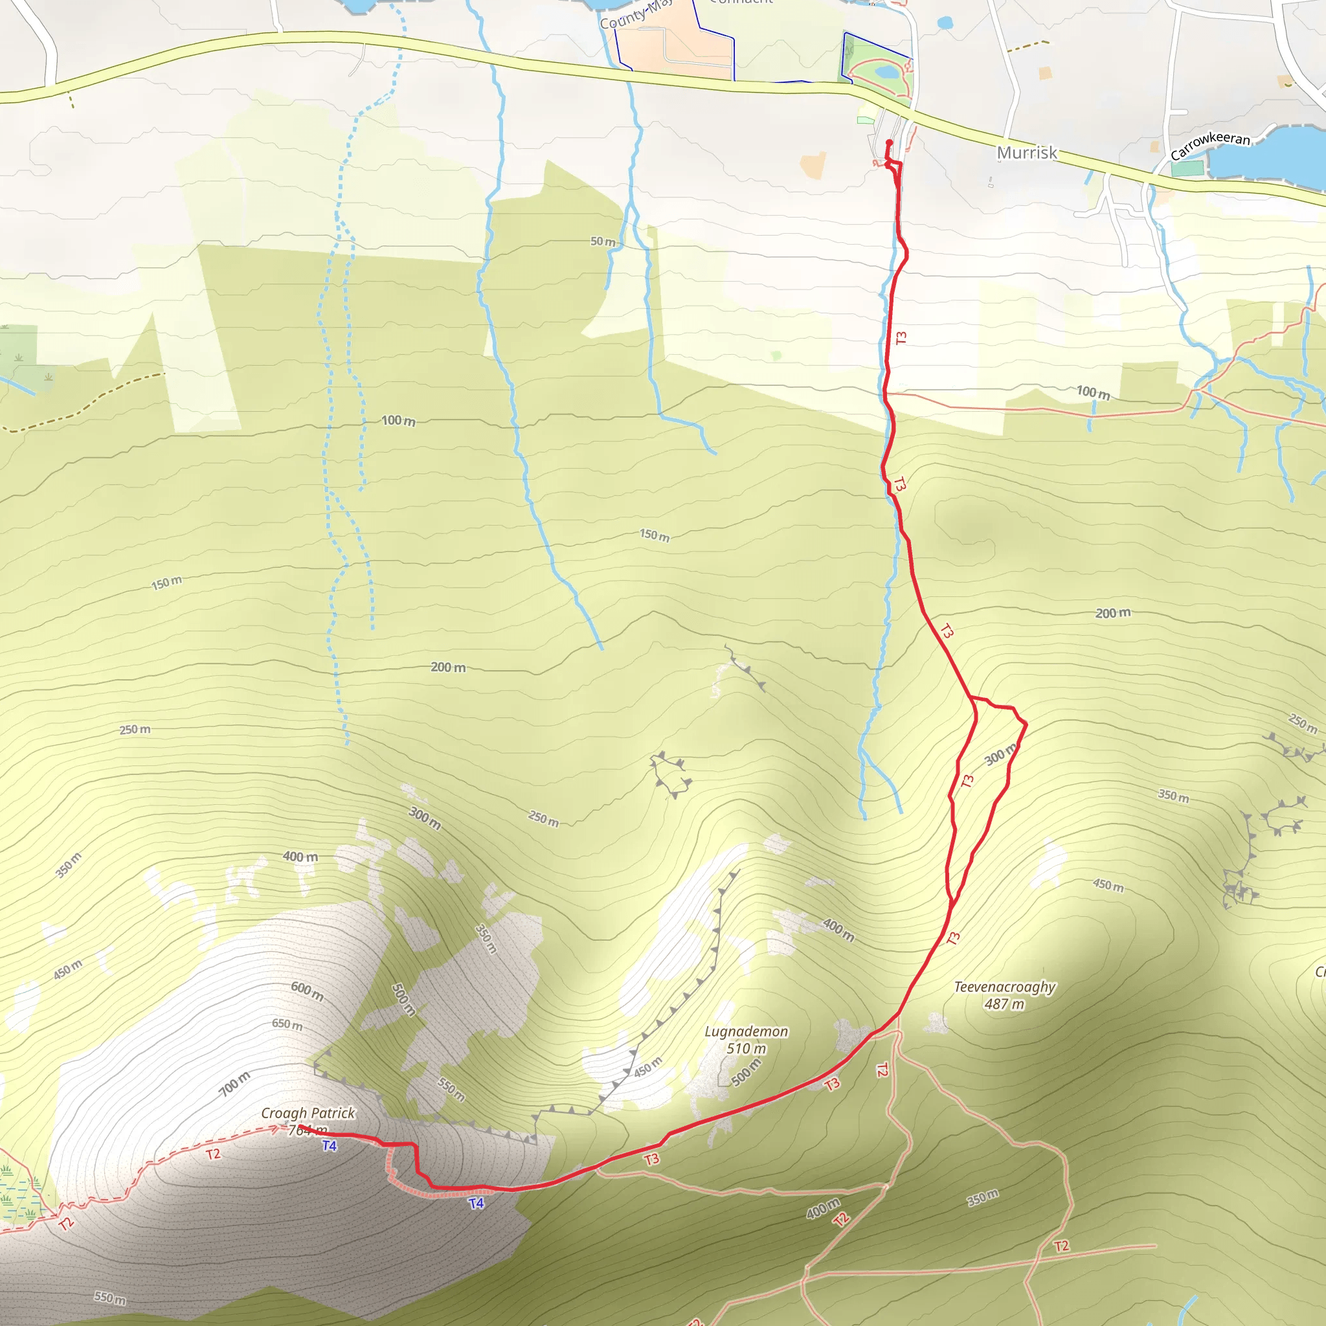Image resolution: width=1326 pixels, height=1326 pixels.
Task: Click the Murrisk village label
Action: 1027,152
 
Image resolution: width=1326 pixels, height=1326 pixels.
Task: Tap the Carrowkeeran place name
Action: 1210,146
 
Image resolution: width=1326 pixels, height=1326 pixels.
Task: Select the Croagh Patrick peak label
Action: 308,1113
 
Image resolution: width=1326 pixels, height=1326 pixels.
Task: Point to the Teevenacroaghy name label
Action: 1005,987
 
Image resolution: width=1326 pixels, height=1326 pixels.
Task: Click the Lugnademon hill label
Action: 747,1031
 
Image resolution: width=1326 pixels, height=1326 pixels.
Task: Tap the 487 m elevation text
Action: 1004,1004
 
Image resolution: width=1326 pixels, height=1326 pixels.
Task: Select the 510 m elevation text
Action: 746,1048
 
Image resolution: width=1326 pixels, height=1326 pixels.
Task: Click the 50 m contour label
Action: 603,242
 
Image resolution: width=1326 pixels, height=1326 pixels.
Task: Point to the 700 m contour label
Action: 235,1084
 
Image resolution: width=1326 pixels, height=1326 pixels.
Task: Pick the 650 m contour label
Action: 287,1025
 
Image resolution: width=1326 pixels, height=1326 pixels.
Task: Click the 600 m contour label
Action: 307,991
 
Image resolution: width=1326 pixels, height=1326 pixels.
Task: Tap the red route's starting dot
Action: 890,142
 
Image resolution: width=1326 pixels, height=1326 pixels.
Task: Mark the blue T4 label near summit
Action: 330,1145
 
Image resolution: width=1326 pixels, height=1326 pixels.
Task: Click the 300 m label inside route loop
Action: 999,755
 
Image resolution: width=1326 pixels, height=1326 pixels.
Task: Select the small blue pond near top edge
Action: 945,23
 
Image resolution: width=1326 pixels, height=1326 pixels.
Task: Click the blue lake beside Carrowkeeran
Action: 1270,155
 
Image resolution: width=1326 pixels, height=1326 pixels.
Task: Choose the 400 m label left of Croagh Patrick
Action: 300,857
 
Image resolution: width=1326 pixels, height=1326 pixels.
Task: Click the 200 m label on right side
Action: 1112,613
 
